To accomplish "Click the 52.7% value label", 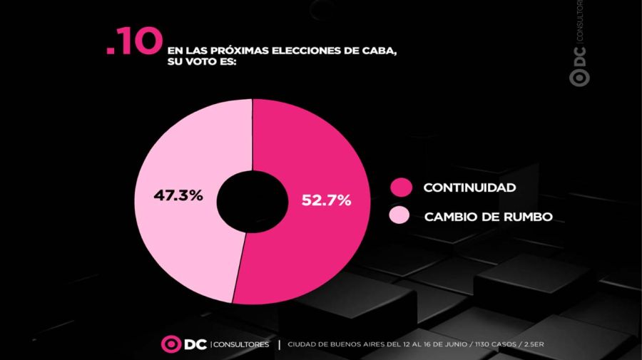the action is [x=326, y=200].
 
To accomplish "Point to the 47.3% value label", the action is [x=178, y=195].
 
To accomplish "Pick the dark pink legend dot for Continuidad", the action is [x=401, y=187].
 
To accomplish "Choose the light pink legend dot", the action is [x=399, y=215].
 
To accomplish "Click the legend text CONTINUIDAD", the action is [x=469, y=187].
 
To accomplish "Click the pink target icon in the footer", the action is [x=170, y=344].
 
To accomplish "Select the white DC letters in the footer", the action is [x=195, y=344].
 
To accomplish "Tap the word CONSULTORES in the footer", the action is [x=241, y=344].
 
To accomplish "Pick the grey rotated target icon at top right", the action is [x=579, y=78].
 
